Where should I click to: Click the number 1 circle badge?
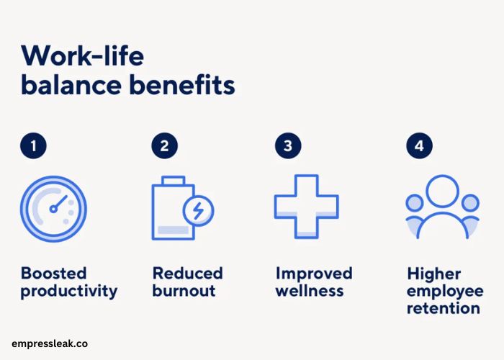click(33, 145)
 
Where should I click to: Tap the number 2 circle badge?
click(165, 145)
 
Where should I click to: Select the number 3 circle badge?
click(288, 145)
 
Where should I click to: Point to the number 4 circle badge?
click(419, 145)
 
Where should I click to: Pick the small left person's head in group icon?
click(414, 203)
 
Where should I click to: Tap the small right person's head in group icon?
click(470, 203)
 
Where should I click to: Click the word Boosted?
click(54, 273)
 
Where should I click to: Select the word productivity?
click(69, 291)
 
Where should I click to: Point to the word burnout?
click(184, 291)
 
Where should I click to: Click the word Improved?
click(314, 274)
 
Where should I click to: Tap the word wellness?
click(310, 291)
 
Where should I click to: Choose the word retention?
click(444, 308)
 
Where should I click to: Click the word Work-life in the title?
click(82, 55)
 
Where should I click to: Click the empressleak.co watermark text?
click(50, 344)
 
